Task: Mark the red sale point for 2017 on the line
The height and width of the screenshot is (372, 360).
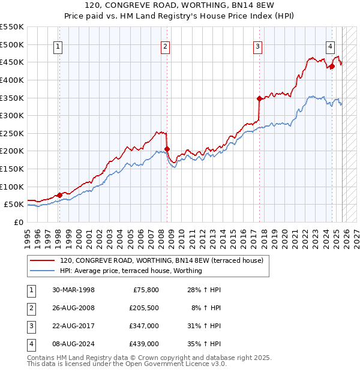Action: [x=259, y=98]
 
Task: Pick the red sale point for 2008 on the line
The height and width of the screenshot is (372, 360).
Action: [x=167, y=149]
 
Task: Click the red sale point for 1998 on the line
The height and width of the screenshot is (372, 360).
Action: [x=60, y=195]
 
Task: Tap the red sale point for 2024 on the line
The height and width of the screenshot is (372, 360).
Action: [x=332, y=66]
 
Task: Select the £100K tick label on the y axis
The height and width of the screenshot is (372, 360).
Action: [x=12, y=187]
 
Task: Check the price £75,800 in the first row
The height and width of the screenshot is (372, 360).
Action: [x=146, y=290]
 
